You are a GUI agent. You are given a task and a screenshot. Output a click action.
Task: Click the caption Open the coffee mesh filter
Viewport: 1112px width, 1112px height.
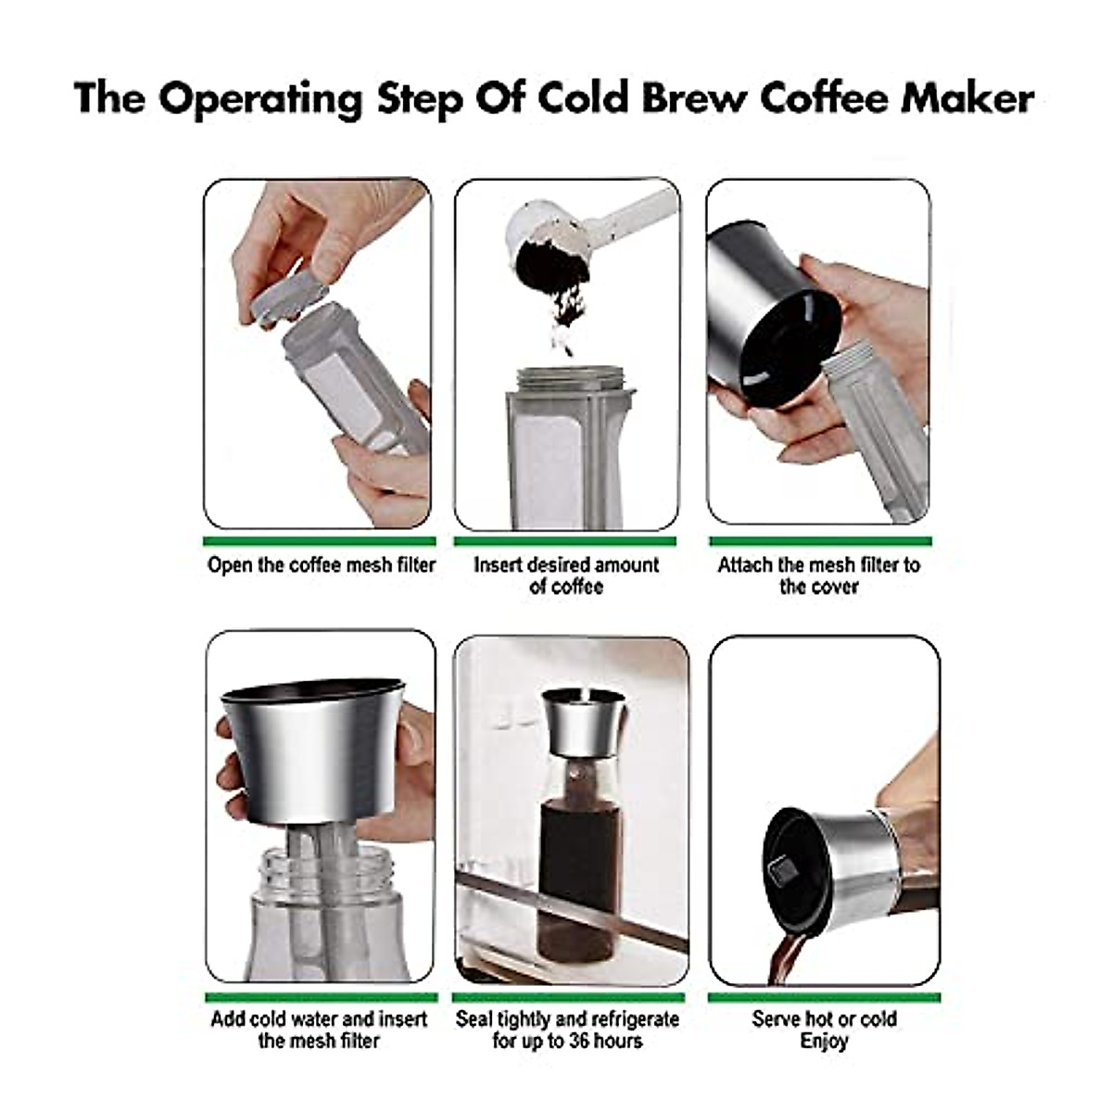[321, 565]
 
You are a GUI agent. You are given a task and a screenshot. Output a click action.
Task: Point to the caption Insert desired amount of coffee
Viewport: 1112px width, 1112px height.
[566, 575]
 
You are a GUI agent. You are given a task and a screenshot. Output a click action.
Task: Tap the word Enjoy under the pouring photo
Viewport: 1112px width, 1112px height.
[824, 1042]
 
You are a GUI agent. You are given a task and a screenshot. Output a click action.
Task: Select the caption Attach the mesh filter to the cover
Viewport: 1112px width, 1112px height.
[819, 575]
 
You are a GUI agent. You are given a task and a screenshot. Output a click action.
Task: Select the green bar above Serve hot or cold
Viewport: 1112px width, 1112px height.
[824, 998]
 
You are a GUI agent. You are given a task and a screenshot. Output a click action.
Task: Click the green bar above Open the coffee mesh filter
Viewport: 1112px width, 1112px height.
[319, 541]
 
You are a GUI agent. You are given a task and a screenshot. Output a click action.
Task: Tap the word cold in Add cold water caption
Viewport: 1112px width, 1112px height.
[278, 1019]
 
